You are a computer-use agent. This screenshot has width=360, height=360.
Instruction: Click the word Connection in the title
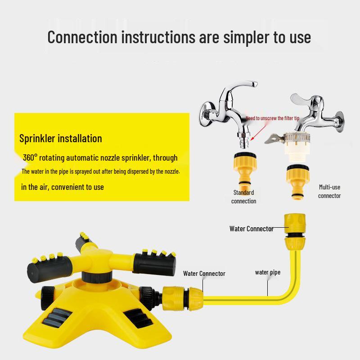click(x=82, y=37)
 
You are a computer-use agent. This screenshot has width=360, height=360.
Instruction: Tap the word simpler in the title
click(x=237, y=37)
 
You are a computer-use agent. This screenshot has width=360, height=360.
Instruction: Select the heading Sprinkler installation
click(x=61, y=138)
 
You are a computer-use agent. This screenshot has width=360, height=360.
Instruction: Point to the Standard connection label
click(x=244, y=197)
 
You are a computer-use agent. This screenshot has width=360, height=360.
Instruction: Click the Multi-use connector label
click(x=329, y=191)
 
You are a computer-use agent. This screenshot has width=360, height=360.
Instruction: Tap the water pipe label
click(x=267, y=272)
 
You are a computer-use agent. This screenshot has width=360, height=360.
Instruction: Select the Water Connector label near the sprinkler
click(x=204, y=273)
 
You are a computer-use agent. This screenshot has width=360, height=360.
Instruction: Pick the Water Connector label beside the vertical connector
click(x=251, y=229)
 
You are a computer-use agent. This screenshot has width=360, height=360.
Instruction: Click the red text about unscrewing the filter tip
click(x=272, y=118)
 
